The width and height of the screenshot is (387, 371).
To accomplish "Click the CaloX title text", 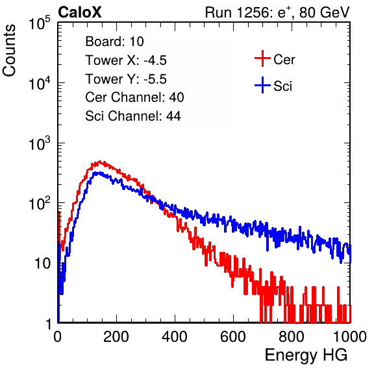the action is point(79,12).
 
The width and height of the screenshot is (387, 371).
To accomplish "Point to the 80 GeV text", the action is point(324,12).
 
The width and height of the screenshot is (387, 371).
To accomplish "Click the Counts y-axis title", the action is point(9,51).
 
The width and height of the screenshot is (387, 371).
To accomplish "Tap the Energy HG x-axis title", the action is point(306,355).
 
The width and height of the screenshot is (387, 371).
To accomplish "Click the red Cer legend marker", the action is point(262,58).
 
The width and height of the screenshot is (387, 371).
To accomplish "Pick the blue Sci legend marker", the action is point(262,85).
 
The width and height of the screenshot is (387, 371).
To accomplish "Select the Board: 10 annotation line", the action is point(114,42).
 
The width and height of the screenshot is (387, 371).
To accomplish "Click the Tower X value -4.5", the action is point(155,60).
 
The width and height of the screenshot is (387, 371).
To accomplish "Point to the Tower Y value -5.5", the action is point(155,79).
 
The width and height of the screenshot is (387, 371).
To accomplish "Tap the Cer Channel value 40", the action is point(177,97).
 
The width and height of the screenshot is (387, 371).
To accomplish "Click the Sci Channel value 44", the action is point(173,116).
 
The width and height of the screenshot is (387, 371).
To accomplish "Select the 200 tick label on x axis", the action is point(116,337).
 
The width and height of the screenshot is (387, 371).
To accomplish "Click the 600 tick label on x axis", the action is point(233,337).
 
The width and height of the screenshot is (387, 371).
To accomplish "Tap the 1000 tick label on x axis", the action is point(350,337).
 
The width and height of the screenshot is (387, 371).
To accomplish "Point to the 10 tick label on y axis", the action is point(43,264).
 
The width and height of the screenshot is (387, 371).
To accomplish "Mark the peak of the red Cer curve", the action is point(100,161).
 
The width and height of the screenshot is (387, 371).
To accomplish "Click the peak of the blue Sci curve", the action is point(97,173).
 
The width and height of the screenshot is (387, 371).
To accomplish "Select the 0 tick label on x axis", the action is point(58,337).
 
